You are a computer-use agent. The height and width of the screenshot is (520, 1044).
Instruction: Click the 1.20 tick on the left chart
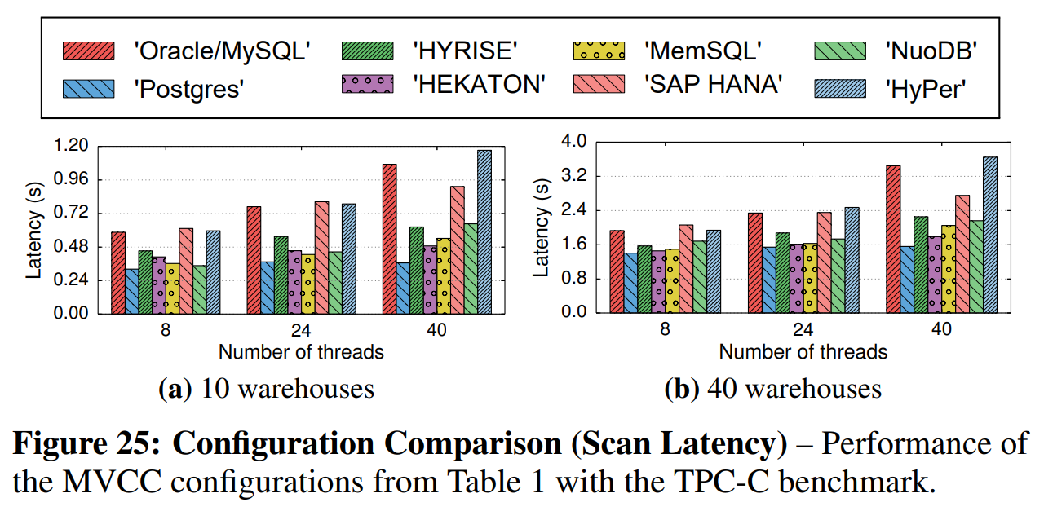tap(71, 146)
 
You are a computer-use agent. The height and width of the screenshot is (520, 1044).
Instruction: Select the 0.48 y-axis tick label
tap(71, 247)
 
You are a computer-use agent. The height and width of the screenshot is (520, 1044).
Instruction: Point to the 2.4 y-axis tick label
tap(574, 210)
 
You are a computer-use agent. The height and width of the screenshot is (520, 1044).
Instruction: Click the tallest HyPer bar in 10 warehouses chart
tap(484, 231)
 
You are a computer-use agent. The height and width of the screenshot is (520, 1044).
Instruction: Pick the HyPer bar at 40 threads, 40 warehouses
tap(990, 235)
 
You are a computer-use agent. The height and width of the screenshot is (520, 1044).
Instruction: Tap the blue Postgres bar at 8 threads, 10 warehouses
tap(131, 291)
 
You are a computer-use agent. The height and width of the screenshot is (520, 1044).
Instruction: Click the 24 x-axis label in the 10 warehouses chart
tap(301, 331)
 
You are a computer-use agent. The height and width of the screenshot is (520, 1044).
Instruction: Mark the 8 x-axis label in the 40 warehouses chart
tap(665, 330)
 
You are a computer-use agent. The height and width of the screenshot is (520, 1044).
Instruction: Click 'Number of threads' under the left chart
tap(301, 352)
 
